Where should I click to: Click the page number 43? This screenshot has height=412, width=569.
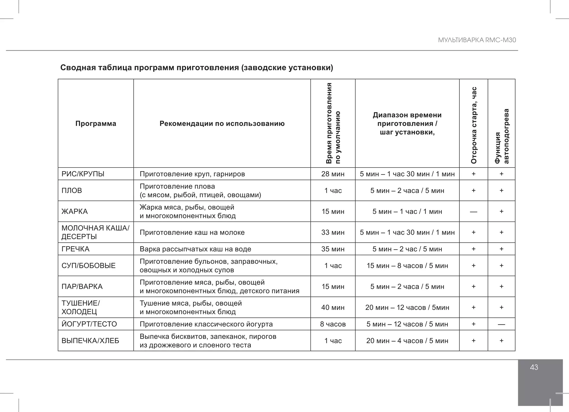coord(534,367)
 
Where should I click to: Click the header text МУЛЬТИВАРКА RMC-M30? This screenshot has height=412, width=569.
coord(477,40)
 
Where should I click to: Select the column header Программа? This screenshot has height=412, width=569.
coord(96,124)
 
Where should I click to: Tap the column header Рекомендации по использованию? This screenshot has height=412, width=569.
coord(222,124)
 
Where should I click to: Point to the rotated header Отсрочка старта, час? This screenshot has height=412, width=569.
coord(474,125)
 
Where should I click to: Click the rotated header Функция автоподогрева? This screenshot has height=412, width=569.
coord(502,136)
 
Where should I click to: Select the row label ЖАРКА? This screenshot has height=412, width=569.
coord(74,211)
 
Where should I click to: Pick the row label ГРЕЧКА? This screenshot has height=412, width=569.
coord(75,249)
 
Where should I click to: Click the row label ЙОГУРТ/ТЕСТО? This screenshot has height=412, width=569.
coord(89,324)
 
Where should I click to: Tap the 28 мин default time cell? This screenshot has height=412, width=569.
coord(333,174)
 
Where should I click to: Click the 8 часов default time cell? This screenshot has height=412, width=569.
coord(333,324)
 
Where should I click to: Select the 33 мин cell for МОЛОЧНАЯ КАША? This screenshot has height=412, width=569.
coord(333,232)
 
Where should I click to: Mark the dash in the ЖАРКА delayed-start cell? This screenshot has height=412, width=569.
coord(473,212)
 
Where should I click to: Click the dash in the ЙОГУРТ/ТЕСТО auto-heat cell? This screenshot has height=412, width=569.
coord(501,324)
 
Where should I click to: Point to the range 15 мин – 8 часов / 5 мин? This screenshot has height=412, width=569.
coord(407,266)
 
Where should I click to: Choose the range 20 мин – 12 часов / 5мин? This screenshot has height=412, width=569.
coord(407,307)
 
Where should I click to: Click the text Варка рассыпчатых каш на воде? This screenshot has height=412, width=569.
coord(195,249)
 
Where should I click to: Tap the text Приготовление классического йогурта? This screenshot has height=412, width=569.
coord(206,324)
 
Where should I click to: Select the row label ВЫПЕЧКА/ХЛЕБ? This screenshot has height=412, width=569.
coord(90,341)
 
